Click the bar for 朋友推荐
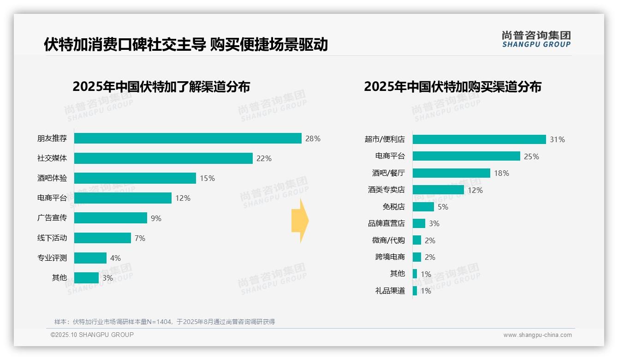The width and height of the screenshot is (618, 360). point(188,138)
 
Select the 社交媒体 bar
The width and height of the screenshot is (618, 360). point(163,158)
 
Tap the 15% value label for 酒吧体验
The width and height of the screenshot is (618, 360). point(207,178)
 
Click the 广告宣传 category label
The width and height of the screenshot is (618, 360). point(52,217)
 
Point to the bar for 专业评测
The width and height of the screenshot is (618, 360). point(90,258)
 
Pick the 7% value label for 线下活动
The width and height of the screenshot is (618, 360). point(140,238)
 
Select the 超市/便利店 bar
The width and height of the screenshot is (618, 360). point(479,139)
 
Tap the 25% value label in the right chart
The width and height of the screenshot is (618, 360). point(531,156)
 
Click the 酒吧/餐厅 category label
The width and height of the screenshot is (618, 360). point(388,173)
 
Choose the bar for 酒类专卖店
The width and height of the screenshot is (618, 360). point(438,190)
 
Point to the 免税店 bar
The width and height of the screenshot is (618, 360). point(423,207)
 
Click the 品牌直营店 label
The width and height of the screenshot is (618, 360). point(386,223)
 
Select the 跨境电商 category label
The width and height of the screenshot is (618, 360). point(390,257)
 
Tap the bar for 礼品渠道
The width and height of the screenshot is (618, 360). point(415,291)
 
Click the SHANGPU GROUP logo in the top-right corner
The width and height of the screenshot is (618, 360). point(536,39)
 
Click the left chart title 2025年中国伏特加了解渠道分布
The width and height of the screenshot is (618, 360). point(161,87)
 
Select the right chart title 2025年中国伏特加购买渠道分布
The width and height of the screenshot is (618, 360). point(452,87)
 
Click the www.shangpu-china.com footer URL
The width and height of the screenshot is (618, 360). point(537,335)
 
